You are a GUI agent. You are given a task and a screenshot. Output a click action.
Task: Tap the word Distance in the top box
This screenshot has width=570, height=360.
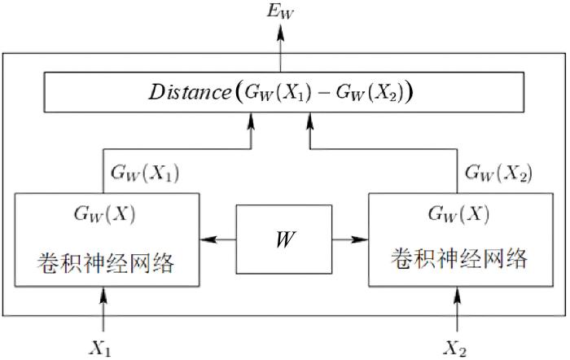190,92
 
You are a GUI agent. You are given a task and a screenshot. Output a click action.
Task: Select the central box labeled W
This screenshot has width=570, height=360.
284,239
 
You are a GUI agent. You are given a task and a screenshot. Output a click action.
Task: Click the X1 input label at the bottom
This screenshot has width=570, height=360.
101,349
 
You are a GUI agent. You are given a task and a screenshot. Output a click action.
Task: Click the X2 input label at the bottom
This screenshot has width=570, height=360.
454,349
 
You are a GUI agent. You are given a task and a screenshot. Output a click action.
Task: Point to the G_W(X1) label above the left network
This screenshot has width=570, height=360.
145,173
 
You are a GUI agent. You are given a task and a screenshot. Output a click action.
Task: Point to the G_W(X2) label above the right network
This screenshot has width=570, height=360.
498,173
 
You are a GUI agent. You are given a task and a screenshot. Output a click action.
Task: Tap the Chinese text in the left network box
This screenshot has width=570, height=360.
105,262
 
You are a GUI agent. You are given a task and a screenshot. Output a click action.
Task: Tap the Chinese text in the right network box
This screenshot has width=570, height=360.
459,258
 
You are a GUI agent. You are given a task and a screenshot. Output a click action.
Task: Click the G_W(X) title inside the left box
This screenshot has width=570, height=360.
105,214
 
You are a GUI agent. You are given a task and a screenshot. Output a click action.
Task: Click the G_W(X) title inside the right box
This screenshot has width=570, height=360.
458,213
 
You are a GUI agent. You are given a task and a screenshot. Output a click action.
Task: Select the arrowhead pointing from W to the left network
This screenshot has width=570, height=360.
208,239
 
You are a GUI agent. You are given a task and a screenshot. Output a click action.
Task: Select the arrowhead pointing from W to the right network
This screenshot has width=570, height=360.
360,239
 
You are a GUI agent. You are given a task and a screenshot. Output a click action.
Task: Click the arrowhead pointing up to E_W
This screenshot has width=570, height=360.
280,33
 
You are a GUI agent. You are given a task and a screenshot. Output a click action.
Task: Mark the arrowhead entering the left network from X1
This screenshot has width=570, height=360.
103,296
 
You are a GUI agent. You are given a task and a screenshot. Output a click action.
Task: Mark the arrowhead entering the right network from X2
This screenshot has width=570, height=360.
458,296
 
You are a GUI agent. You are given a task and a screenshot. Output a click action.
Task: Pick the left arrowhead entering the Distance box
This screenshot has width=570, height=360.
251,121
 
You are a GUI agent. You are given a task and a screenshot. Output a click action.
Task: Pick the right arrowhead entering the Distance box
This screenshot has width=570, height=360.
310,121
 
